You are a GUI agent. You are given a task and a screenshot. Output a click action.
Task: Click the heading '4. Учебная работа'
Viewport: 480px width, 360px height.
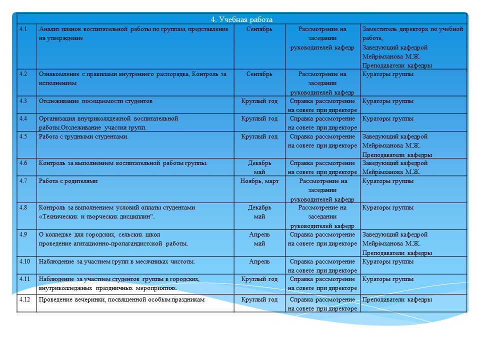(241, 19)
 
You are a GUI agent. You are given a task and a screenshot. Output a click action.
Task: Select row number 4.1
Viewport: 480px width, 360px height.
(23, 29)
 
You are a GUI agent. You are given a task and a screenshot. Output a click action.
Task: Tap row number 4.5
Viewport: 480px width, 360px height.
(23, 136)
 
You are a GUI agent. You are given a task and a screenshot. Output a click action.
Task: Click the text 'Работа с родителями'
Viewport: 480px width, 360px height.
(68, 181)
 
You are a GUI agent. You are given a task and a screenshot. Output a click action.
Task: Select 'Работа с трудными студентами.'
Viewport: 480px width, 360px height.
(83, 136)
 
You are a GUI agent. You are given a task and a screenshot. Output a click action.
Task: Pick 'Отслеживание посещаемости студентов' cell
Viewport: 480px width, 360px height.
(95, 101)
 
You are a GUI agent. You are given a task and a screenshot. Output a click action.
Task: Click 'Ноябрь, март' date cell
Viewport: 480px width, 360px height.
(259, 181)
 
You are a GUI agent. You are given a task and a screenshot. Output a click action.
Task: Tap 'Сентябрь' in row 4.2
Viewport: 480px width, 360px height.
(259, 74)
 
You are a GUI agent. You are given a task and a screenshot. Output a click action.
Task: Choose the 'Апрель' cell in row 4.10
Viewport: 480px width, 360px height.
(259, 261)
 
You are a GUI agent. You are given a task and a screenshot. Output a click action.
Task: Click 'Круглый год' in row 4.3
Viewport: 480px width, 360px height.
(259, 101)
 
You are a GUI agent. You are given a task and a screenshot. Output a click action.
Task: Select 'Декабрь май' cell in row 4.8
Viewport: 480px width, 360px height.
(259, 212)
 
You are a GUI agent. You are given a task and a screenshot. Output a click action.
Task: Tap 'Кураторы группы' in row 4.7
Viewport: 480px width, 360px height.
(387, 181)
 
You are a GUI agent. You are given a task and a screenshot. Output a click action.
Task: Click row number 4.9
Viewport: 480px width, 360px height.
(23, 234)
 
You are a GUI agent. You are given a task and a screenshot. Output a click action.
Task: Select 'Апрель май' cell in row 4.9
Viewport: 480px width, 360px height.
(259, 239)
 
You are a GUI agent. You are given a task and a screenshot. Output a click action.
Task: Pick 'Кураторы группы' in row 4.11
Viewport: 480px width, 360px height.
(387, 278)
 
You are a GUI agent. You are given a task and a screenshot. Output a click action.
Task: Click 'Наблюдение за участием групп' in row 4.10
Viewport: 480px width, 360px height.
(116, 261)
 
